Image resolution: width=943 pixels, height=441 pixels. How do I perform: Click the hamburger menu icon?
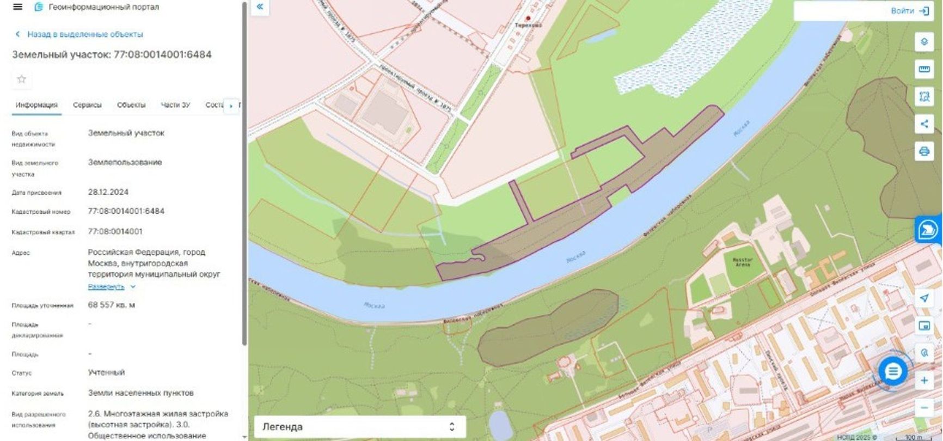coord(17,7)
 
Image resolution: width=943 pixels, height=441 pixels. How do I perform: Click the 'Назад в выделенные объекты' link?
coord(84,34)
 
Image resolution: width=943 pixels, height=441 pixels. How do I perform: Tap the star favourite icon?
coord(22,79)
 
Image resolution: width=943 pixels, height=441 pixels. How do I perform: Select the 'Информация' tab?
coord(36,105)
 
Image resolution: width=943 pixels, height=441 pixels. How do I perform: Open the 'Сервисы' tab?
coord(87,105)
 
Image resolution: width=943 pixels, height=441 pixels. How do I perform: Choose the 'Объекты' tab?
coord(131,105)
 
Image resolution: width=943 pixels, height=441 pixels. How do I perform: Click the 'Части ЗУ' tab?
coord(175,105)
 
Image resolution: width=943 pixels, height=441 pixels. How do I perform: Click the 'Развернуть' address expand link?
coord(107,286)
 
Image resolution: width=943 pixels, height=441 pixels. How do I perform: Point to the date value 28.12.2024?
coord(108,192)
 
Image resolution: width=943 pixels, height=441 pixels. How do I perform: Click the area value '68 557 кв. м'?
coord(112,305)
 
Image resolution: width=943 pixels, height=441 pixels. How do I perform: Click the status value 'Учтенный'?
coord(106,372)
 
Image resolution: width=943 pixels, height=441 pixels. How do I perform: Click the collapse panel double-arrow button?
coord(260,7)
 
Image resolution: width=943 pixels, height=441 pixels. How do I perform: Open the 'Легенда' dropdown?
coord(359,427)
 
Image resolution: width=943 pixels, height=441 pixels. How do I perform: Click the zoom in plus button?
coord(924,380)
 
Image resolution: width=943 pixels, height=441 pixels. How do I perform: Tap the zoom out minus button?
coord(924,407)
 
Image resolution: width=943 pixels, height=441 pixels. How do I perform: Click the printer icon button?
coord(924,151)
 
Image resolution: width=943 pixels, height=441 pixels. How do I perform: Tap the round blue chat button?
coord(893,372)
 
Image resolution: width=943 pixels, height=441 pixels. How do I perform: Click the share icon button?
coord(924,124)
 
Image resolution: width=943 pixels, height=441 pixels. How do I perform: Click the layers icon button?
coord(924,42)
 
